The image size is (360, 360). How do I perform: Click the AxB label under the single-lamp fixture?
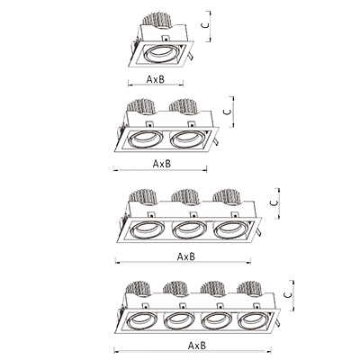click(x=156, y=79)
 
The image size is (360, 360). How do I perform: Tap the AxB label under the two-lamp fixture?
click(x=162, y=164)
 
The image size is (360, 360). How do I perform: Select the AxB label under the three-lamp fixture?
click(x=186, y=256)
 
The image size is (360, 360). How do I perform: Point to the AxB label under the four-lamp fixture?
click(x=197, y=346)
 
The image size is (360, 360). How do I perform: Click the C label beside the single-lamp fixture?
click(x=205, y=25)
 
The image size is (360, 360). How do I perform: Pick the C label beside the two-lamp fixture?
click(x=228, y=112)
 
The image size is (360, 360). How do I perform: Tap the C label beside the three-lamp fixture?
click(x=274, y=202)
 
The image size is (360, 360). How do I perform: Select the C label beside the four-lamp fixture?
click(x=287, y=295)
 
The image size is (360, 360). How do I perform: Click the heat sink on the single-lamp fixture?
click(x=157, y=20)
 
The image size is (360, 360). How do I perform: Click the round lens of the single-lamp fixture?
click(x=161, y=54)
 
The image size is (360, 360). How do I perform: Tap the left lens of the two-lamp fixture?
click(x=145, y=139)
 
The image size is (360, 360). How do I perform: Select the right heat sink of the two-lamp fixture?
click(x=184, y=106)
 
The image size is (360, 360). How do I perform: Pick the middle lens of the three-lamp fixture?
click(x=190, y=230)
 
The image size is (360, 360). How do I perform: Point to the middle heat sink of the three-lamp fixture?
click(x=185, y=196)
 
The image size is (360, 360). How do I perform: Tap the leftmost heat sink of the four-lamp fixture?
click(x=138, y=289)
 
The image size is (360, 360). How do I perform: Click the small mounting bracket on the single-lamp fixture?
click(x=166, y=39)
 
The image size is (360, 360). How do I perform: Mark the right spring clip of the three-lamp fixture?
click(x=258, y=232)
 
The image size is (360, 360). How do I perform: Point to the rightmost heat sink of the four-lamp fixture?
click(x=250, y=289)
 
